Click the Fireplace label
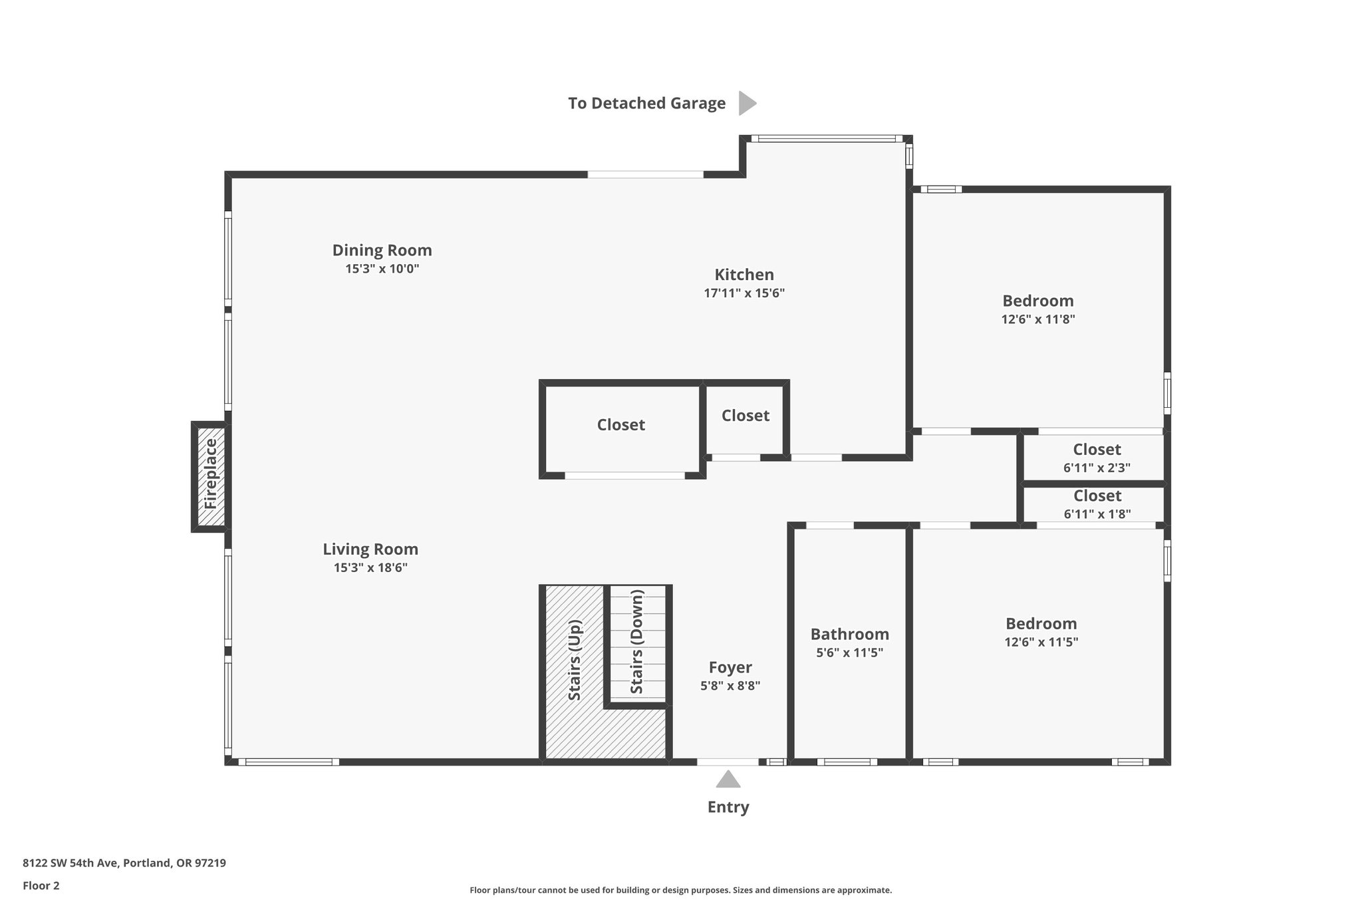(x=211, y=474)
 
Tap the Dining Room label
(x=382, y=250)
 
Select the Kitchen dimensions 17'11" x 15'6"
(x=744, y=293)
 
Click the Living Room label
(x=370, y=549)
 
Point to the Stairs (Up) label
(x=575, y=660)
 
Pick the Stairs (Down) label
(x=637, y=642)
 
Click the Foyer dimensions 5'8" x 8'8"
(x=730, y=686)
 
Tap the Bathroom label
(x=850, y=634)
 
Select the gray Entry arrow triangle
(x=728, y=779)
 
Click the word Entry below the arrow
(x=728, y=808)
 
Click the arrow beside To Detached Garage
(x=748, y=103)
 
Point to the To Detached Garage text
(x=646, y=103)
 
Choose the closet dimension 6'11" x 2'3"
(x=1097, y=468)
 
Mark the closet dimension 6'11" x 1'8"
(x=1097, y=514)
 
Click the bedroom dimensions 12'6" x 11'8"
(x=1038, y=319)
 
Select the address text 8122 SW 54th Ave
(x=70, y=863)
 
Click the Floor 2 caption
(x=41, y=885)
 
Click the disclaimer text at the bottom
(x=681, y=890)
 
